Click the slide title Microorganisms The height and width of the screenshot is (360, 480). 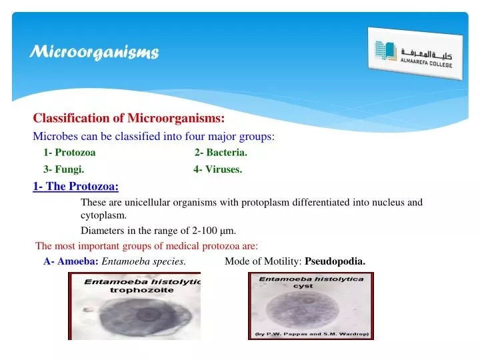[95, 52]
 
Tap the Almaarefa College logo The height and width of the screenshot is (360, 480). [415, 53]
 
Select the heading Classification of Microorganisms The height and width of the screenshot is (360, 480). [129, 119]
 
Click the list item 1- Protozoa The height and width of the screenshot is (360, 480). [69, 153]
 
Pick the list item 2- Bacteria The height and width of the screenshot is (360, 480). [221, 153]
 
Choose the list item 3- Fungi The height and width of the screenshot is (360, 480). [63, 169]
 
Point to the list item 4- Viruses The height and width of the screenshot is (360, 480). [217, 169]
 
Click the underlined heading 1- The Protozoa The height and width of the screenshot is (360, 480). [75, 186]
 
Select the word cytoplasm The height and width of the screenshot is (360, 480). [103, 215]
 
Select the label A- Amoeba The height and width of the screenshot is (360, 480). [71, 261]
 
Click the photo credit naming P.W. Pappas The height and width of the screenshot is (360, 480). [311, 333]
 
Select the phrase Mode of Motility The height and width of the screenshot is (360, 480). [263, 261]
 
